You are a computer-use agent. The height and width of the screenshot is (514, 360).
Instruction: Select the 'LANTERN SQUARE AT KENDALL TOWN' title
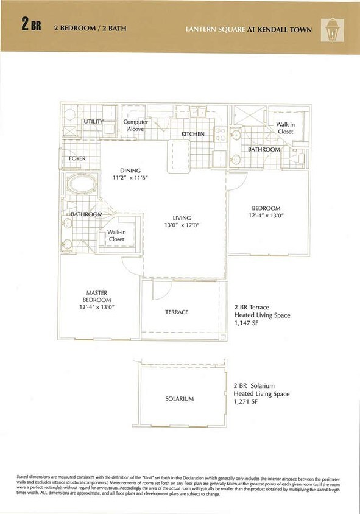(249, 29)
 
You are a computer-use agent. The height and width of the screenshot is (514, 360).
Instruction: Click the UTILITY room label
(93, 122)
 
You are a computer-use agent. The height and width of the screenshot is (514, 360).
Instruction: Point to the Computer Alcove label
(136, 125)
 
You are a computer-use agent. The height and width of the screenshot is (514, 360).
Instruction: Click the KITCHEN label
(192, 134)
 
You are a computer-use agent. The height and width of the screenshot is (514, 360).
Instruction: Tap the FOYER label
(77, 158)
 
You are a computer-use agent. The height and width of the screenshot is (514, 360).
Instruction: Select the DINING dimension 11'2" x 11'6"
(130, 178)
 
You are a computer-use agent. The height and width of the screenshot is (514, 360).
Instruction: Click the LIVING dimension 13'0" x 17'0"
(182, 225)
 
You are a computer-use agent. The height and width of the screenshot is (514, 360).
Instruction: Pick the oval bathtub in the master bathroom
(80, 183)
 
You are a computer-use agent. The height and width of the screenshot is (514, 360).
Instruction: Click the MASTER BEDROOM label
(97, 300)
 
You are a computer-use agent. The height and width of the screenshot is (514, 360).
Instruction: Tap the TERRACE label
(177, 312)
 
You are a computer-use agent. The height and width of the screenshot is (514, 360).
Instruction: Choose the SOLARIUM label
(179, 399)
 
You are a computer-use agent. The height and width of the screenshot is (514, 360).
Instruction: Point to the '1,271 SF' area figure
(246, 403)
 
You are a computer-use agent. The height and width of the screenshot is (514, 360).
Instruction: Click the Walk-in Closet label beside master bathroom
(116, 236)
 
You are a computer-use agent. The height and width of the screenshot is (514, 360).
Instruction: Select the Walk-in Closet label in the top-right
(285, 128)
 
